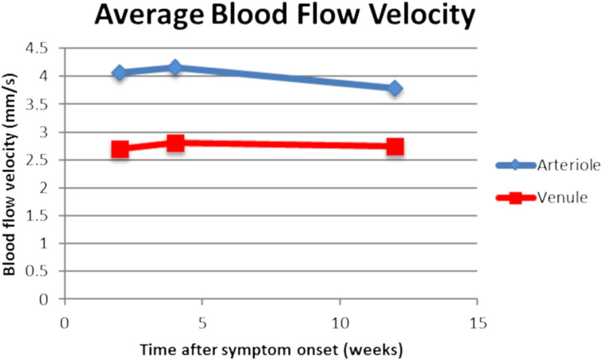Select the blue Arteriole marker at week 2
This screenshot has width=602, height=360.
pyautogui.click(x=120, y=73)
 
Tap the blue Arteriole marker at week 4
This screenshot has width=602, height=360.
pyautogui.click(x=175, y=67)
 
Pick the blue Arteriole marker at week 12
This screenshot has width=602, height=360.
pyautogui.click(x=395, y=88)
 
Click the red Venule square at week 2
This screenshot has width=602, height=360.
pyautogui.click(x=120, y=149)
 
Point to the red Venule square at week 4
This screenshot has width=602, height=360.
pyautogui.click(x=175, y=143)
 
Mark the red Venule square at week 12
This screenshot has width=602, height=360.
pyautogui.click(x=395, y=147)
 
